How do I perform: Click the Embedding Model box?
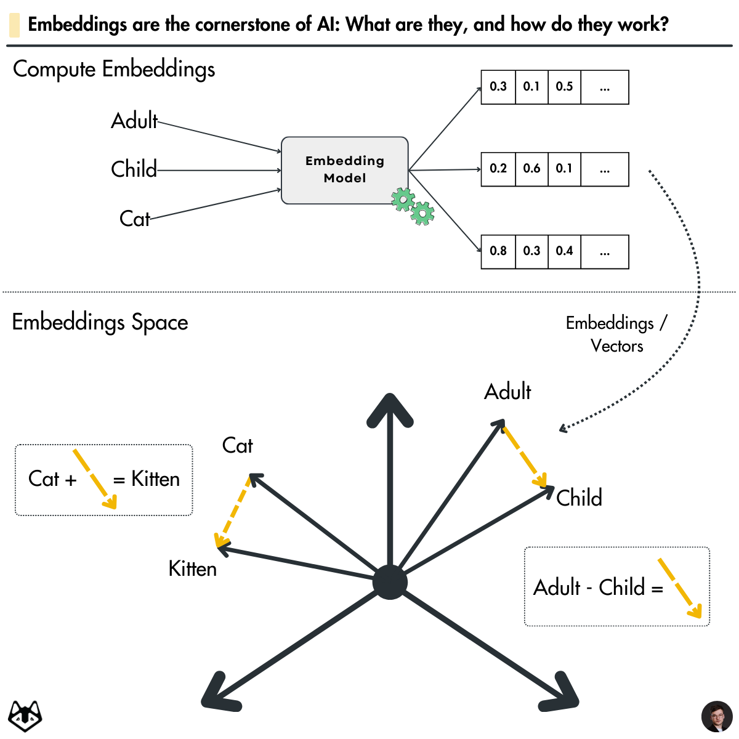coord(344,169)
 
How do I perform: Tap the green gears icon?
coord(413,206)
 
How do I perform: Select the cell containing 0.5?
coord(564,87)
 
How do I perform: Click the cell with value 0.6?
coord(531,169)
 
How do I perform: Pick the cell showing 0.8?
coord(498,251)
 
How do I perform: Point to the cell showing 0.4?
coord(564,251)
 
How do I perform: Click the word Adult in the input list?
coord(134,121)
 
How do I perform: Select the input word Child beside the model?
coord(134,169)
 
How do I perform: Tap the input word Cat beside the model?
coord(134,219)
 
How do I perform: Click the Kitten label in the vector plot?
coord(193,569)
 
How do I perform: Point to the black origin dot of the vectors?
coord(390,582)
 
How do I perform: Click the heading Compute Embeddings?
coord(114,69)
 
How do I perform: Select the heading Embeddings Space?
coord(100,322)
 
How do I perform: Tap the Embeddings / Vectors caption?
coord(616,334)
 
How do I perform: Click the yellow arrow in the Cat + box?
coord(94,479)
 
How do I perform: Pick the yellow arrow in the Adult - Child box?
coord(679,588)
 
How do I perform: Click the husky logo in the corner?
coord(25,716)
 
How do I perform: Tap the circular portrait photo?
coord(717,716)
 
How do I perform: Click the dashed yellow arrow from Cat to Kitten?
coord(233,511)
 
